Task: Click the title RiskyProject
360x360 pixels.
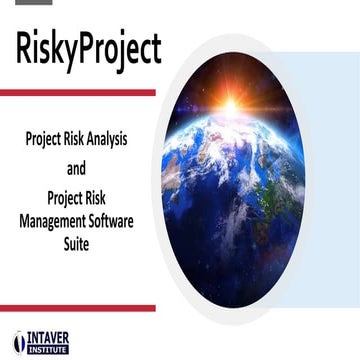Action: point(88,49)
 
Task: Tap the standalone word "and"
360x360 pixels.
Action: point(77,167)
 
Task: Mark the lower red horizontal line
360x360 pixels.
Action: point(77,308)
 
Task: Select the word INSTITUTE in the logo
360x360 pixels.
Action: point(48,349)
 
